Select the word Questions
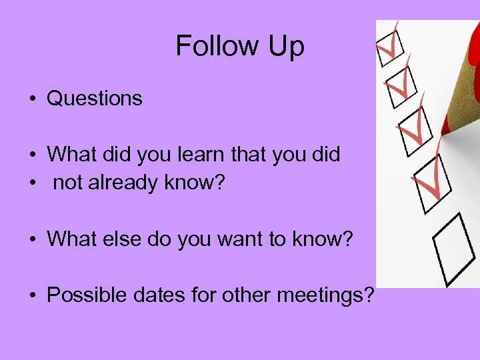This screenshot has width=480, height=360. [95, 99]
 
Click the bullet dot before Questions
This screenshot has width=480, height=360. [32, 99]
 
